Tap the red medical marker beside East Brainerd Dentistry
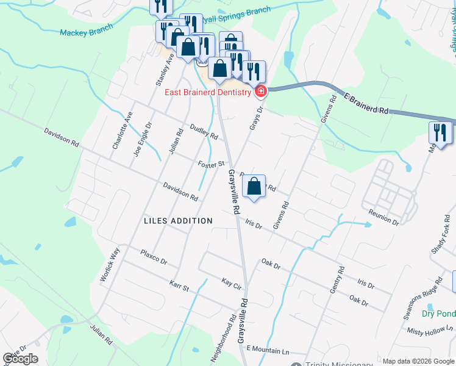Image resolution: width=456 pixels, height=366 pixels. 261,92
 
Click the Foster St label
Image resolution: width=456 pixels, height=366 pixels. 212,164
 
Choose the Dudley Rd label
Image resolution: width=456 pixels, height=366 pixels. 204,132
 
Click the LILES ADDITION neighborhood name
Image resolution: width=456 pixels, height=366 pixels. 178,221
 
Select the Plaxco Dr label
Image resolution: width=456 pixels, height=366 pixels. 154,256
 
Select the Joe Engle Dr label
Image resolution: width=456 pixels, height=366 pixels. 139,140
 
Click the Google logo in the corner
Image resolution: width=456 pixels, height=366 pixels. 21,359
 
